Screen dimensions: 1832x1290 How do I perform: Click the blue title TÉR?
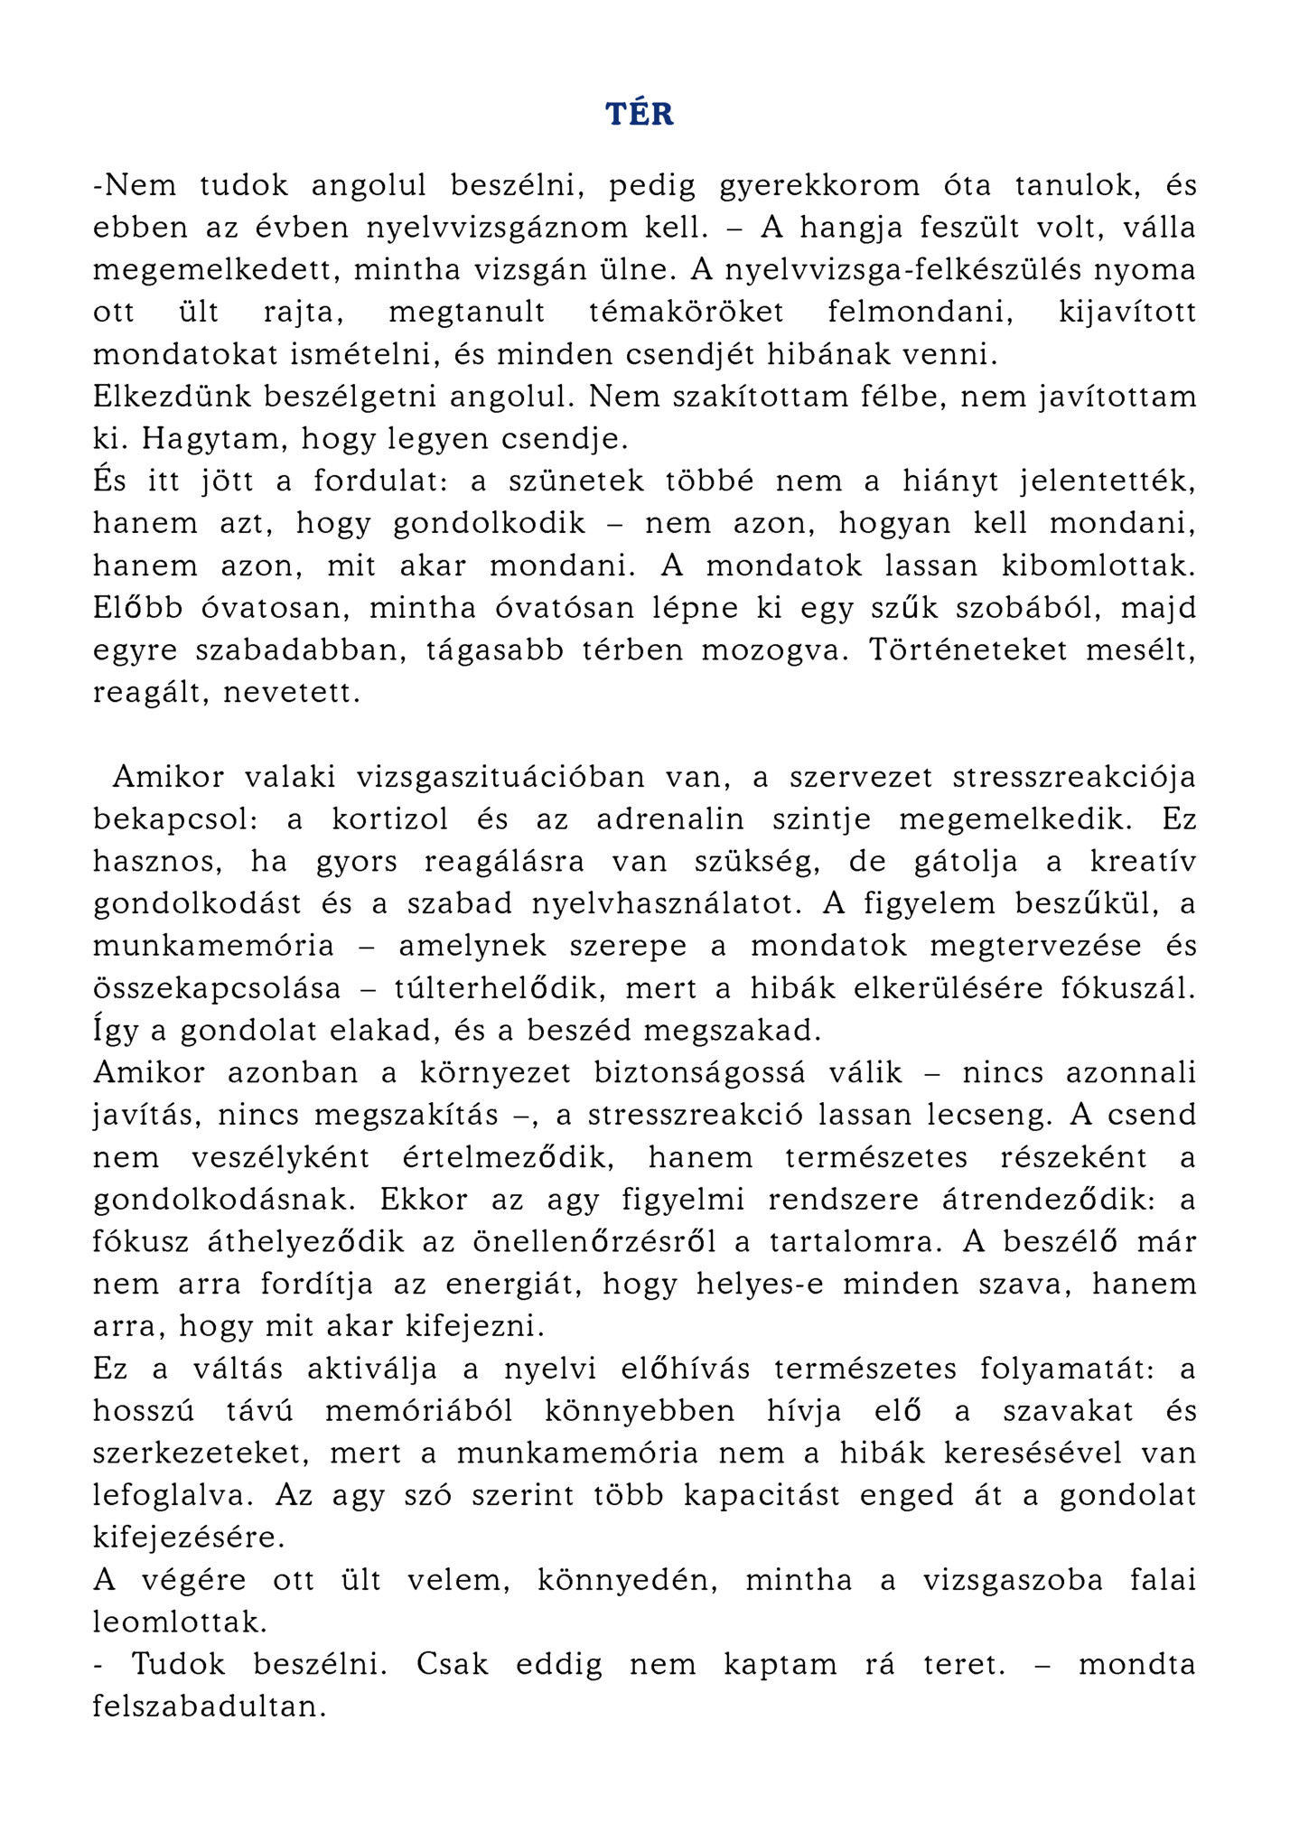point(640,115)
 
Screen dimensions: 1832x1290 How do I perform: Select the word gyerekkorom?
point(819,186)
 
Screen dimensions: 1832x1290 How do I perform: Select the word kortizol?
point(390,820)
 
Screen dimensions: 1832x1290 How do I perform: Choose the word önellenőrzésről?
point(594,1242)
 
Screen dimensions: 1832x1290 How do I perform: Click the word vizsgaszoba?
point(1013,1581)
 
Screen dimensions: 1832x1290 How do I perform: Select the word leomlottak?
point(181,1622)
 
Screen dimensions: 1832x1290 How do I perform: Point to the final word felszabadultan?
point(209,1707)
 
